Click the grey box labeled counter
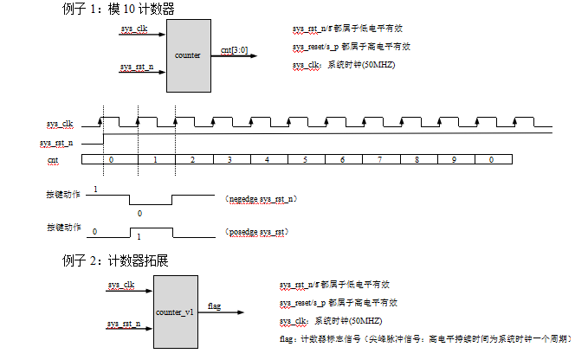click(188, 55)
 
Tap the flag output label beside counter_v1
click(215, 305)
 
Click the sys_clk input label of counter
click(134, 30)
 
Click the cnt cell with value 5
click(305, 160)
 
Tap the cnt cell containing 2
click(192, 160)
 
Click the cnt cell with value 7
click(379, 160)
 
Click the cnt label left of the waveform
click(54, 160)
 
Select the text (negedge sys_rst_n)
click(261, 199)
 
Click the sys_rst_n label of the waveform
click(57, 142)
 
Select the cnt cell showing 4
click(267, 160)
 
